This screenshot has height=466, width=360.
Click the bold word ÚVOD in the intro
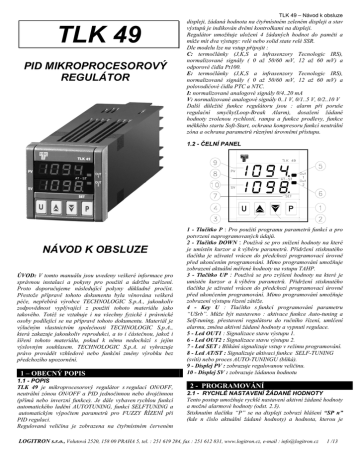coord(28,273)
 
